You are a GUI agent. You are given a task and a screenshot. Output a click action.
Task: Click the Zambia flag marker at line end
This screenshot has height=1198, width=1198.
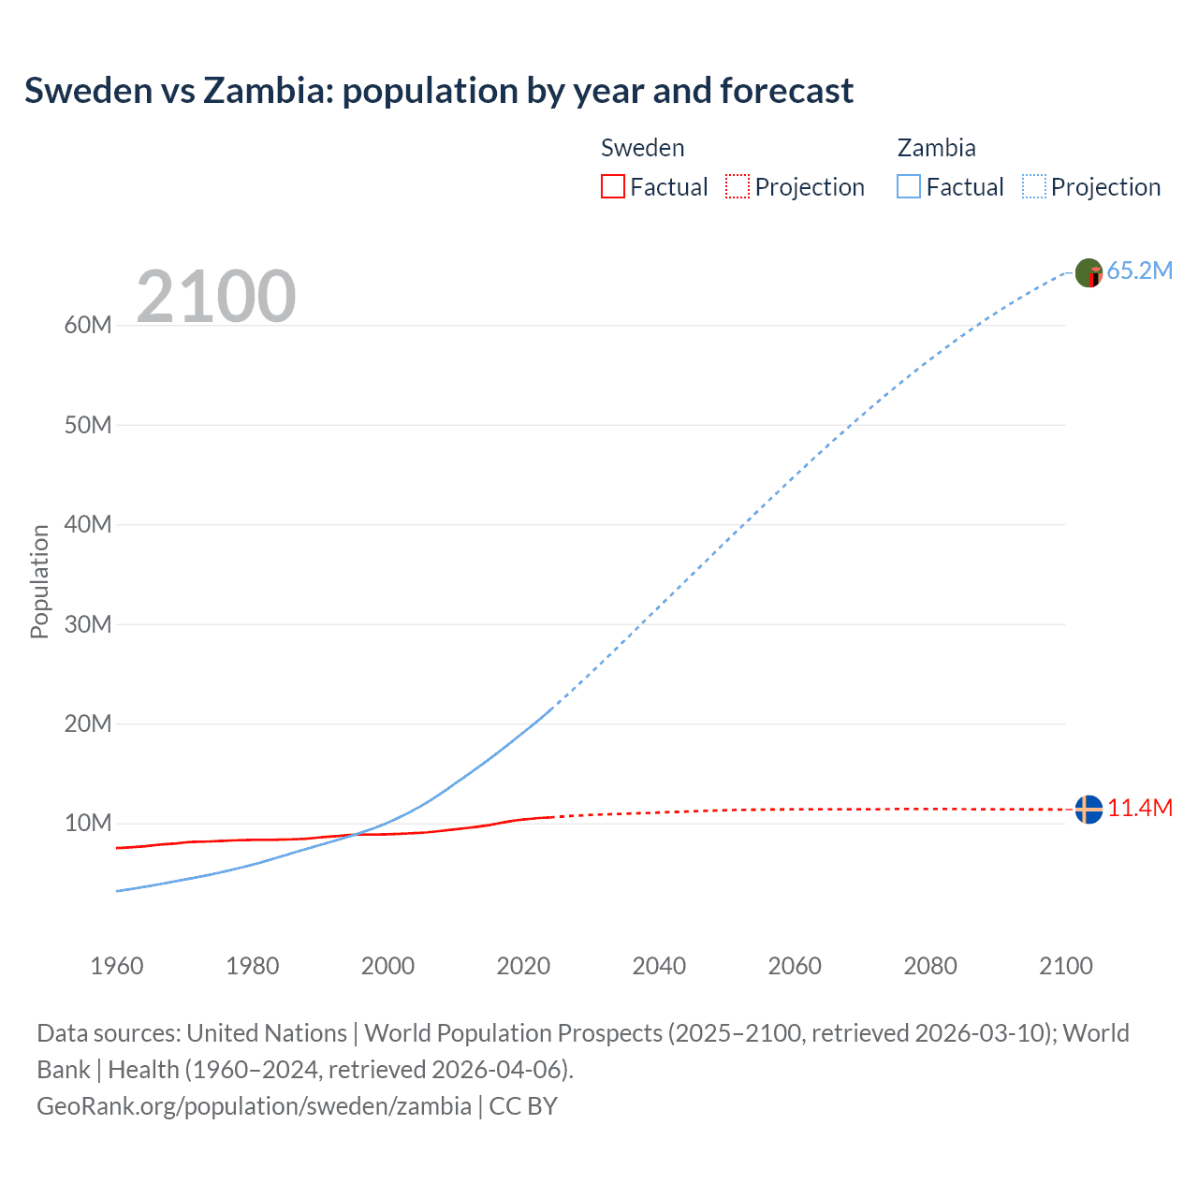click(1088, 272)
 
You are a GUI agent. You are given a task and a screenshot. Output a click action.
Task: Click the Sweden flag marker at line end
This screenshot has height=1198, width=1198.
click(1088, 809)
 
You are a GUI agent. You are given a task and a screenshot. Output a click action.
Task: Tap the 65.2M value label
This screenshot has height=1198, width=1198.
click(1139, 271)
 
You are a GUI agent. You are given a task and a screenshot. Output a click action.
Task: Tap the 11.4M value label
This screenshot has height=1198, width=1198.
click(1139, 809)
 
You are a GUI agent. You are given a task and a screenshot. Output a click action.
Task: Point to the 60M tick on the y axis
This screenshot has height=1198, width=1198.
click(88, 326)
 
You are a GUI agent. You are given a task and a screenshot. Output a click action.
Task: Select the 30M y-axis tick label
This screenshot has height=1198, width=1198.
click(88, 624)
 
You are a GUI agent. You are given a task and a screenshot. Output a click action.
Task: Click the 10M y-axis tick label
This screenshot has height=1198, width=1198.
click(88, 824)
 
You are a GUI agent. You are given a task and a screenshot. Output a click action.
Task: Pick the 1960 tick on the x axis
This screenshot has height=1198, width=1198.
click(117, 966)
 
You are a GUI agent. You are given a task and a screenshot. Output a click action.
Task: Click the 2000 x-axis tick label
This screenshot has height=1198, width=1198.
click(387, 966)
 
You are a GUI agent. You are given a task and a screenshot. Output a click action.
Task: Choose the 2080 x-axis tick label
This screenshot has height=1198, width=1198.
click(930, 966)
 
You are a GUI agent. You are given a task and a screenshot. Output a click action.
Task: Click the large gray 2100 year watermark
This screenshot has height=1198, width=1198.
click(216, 297)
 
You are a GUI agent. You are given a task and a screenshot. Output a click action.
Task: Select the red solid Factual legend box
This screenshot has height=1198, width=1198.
click(612, 186)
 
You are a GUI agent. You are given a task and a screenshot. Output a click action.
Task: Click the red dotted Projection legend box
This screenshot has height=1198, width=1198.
click(738, 186)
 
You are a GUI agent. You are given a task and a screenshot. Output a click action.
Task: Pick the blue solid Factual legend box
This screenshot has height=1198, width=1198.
click(909, 186)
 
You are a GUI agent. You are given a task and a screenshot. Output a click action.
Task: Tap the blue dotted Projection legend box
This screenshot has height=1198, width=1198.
click(1034, 186)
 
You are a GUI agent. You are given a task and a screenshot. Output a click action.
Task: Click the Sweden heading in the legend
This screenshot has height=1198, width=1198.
click(642, 148)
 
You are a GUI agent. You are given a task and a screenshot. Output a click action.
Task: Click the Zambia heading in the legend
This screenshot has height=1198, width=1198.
click(936, 148)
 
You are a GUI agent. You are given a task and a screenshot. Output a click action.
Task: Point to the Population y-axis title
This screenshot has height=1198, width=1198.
click(39, 581)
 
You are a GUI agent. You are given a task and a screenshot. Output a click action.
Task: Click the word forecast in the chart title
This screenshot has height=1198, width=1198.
click(786, 91)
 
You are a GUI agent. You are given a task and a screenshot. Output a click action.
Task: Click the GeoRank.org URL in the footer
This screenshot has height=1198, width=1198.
click(254, 1106)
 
